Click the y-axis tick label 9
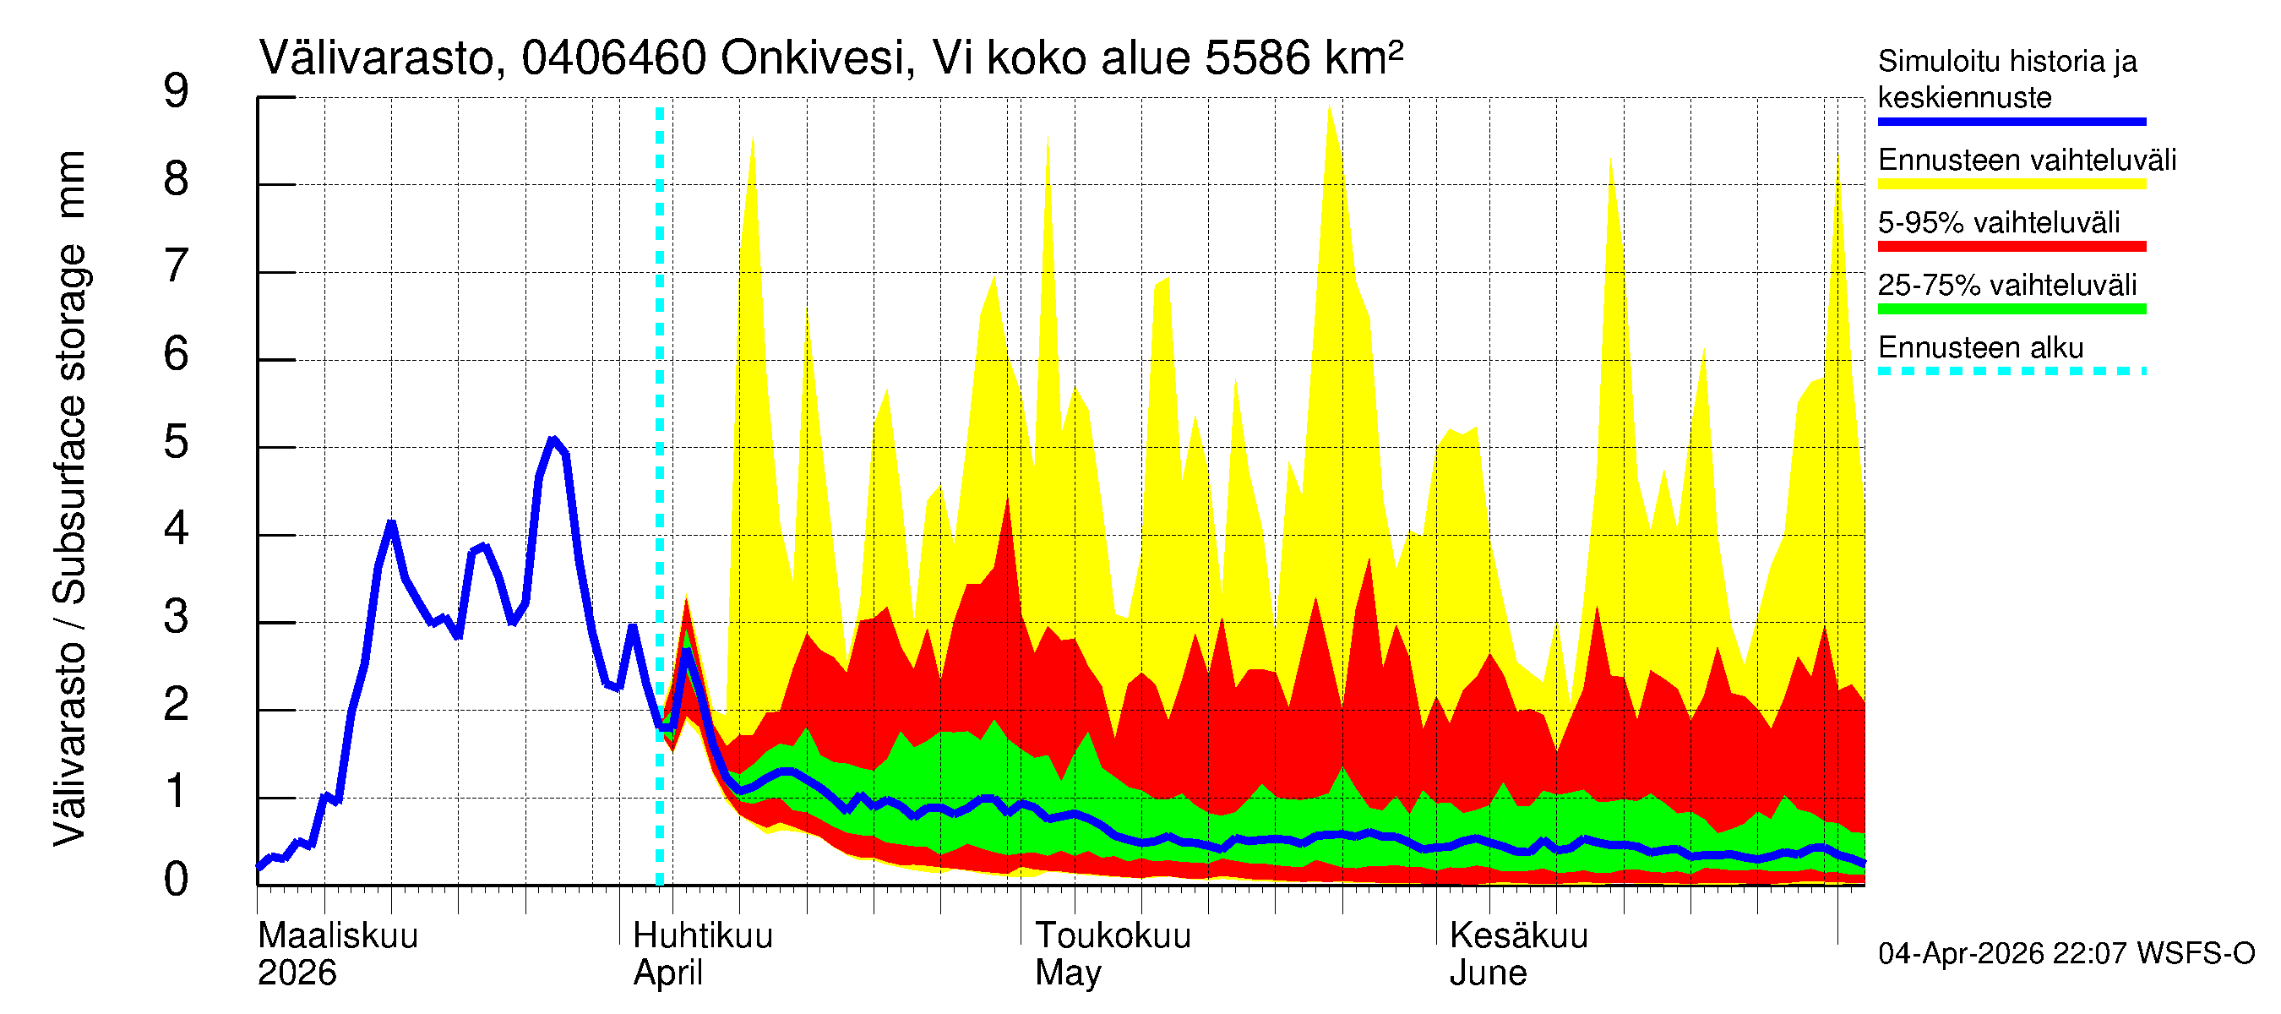[177, 92]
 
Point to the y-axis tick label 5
[177, 443]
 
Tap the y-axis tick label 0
[177, 880]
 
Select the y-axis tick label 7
[177, 268]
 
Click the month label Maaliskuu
[337, 936]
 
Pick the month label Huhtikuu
[702, 936]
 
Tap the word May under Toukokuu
[1068, 973]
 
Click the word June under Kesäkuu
[1488, 973]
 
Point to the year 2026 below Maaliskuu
[297, 973]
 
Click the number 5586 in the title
[1256, 59]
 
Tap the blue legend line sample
[2011, 122]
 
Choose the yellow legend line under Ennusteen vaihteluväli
[2011, 184]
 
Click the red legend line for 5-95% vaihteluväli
[2011, 246]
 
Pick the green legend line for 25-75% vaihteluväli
[2011, 309]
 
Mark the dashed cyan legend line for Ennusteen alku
[2011, 371]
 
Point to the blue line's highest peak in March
[553, 440]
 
